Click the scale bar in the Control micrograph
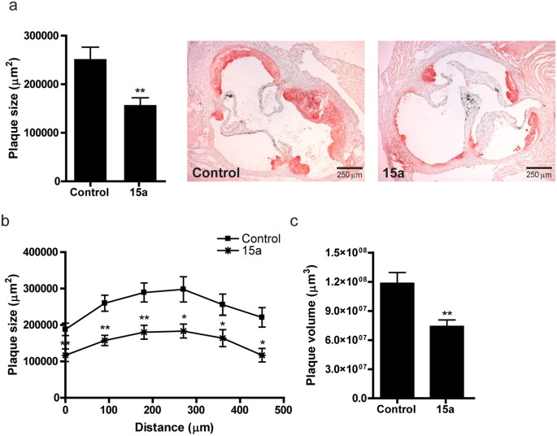click(x=350, y=167)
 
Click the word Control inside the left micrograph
click(x=217, y=172)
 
